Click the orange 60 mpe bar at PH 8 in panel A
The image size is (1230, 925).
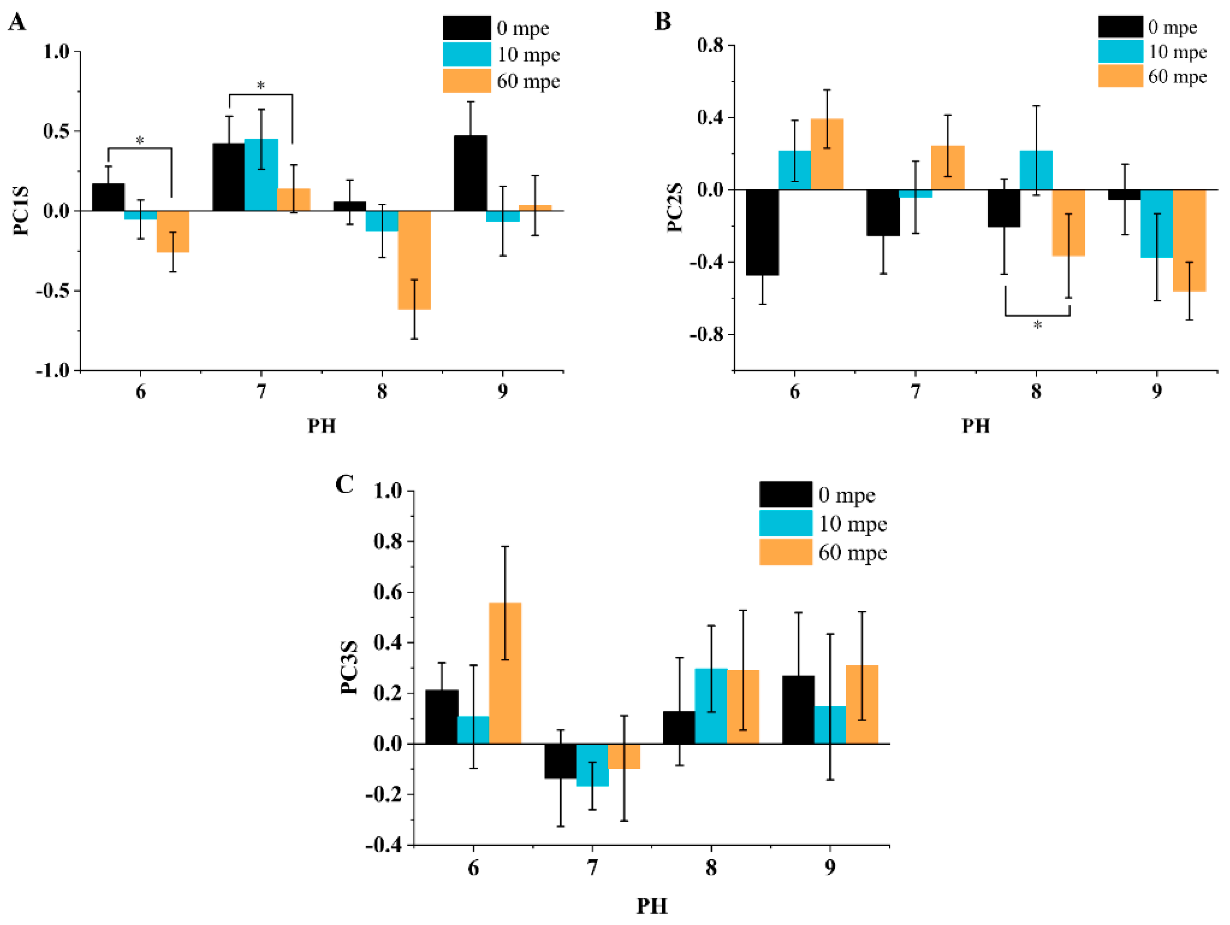414,260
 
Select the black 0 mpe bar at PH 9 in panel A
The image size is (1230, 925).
471,173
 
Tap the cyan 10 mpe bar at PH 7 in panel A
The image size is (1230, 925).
261,175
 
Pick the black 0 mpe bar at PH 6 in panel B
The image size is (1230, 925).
762,232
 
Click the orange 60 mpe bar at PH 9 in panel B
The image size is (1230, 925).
1189,240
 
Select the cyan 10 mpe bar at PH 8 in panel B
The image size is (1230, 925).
1036,170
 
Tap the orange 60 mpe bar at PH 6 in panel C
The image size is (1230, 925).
505,673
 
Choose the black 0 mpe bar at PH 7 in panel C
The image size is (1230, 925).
560,760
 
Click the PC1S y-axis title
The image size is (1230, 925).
21,211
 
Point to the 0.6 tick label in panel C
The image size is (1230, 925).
388,592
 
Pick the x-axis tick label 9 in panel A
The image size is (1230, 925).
503,392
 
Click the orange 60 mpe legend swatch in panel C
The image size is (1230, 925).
786,552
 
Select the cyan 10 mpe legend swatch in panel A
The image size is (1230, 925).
467,55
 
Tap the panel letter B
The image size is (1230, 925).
663,21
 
